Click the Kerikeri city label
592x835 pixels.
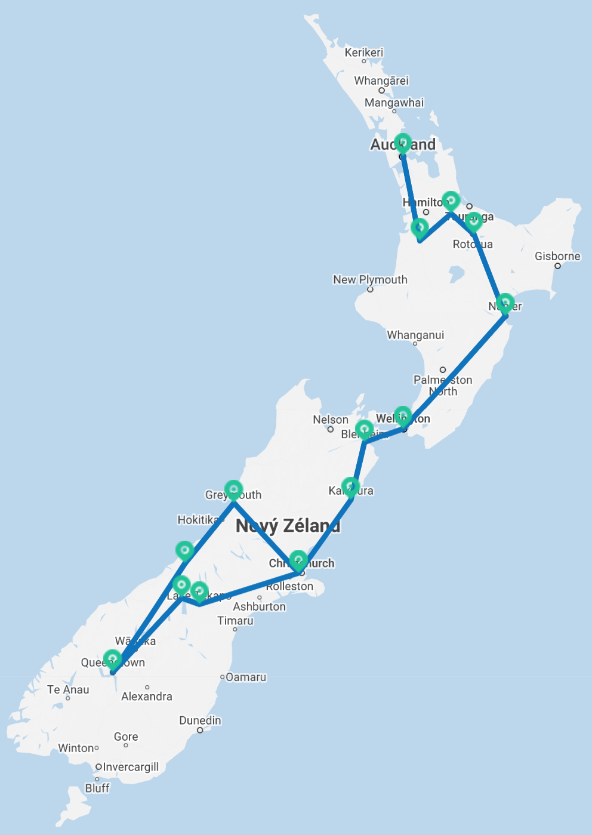click(x=364, y=53)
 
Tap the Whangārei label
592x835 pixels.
click(x=381, y=81)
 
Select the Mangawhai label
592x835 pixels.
click(x=394, y=103)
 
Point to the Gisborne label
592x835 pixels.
click(x=557, y=256)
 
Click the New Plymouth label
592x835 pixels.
click(x=370, y=279)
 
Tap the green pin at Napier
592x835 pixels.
click(x=505, y=303)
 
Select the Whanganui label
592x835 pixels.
click(x=415, y=335)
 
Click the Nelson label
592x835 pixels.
click(x=331, y=420)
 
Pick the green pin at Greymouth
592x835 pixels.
click(x=233, y=490)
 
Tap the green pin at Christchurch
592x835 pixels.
click(x=298, y=560)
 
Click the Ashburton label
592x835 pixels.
click(x=259, y=606)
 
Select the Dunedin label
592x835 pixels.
click(x=200, y=720)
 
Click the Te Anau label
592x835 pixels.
click(x=68, y=689)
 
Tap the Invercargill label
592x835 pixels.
click(x=131, y=767)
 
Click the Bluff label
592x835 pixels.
click(x=97, y=788)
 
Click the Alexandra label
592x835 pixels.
click(x=147, y=697)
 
